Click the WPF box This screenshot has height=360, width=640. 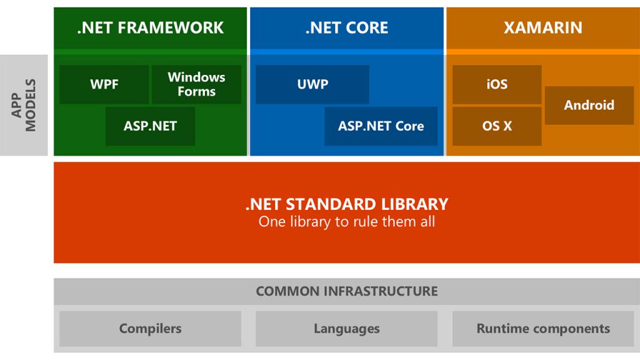click(104, 84)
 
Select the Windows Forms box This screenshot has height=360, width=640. click(196, 84)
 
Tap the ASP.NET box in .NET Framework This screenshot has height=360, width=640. click(150, 126)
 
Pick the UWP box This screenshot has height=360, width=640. click(312, 84)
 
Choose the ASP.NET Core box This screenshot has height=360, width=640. click(381, 126)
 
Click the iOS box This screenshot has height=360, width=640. click(497, 84)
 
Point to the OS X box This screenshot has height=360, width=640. click(497, 126)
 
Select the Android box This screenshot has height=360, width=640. click(589, 105)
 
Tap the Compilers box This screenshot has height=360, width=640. click(150, 328)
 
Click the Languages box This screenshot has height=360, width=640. click(346, 328)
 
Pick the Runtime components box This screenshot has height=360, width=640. click(542, 328)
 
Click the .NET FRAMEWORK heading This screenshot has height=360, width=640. click(150, 27)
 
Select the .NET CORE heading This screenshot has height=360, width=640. click(346, 27)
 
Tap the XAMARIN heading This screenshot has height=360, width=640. click(542, 27)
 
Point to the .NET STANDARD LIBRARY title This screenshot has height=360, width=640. click(346, 204)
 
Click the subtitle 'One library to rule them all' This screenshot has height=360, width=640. click(346, 221)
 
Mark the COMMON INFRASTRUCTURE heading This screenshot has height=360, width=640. click(346, 291)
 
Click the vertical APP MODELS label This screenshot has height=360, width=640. click(24, 105)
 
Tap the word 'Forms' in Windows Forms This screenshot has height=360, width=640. click(196, 91)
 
